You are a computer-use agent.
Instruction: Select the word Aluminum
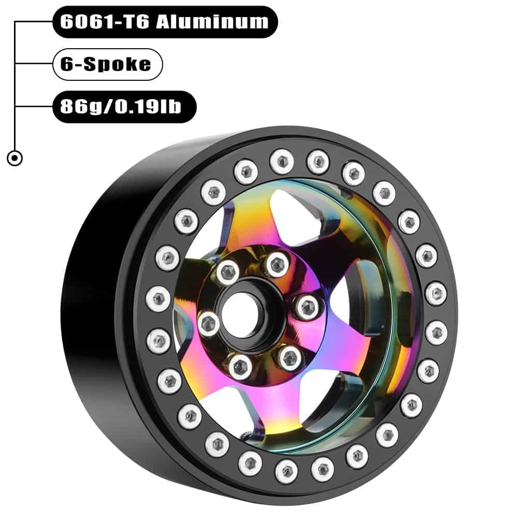[212, 22]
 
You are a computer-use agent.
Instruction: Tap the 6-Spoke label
[107, 64]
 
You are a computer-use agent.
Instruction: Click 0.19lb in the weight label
[148, 106]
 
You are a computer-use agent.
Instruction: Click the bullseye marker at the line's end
[15, 158]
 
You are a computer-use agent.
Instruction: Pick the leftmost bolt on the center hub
[209, 323]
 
